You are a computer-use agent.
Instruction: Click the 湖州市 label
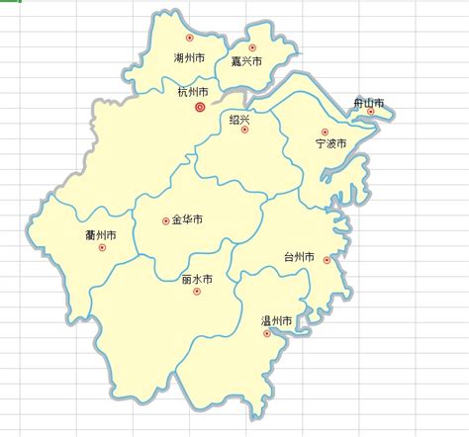188,59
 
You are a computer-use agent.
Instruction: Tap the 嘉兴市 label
246,62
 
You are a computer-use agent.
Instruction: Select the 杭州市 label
194,92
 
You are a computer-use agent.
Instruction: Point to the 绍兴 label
239,119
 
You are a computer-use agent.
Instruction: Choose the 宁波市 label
330,144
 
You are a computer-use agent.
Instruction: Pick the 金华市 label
187,219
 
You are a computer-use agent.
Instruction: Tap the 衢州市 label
102,235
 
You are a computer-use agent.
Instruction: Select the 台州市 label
299,258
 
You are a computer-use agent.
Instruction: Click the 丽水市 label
198,280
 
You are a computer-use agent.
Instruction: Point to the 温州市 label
276,321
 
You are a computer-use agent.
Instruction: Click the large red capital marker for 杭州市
200,107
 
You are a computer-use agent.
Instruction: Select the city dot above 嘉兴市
252,47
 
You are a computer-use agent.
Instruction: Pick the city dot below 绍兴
245,130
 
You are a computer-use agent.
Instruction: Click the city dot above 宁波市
324,131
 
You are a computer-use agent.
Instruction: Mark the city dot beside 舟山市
371,112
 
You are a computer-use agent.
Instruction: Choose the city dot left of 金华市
165,220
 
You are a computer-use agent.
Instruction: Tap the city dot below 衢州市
102,247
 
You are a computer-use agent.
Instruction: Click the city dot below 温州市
265,333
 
